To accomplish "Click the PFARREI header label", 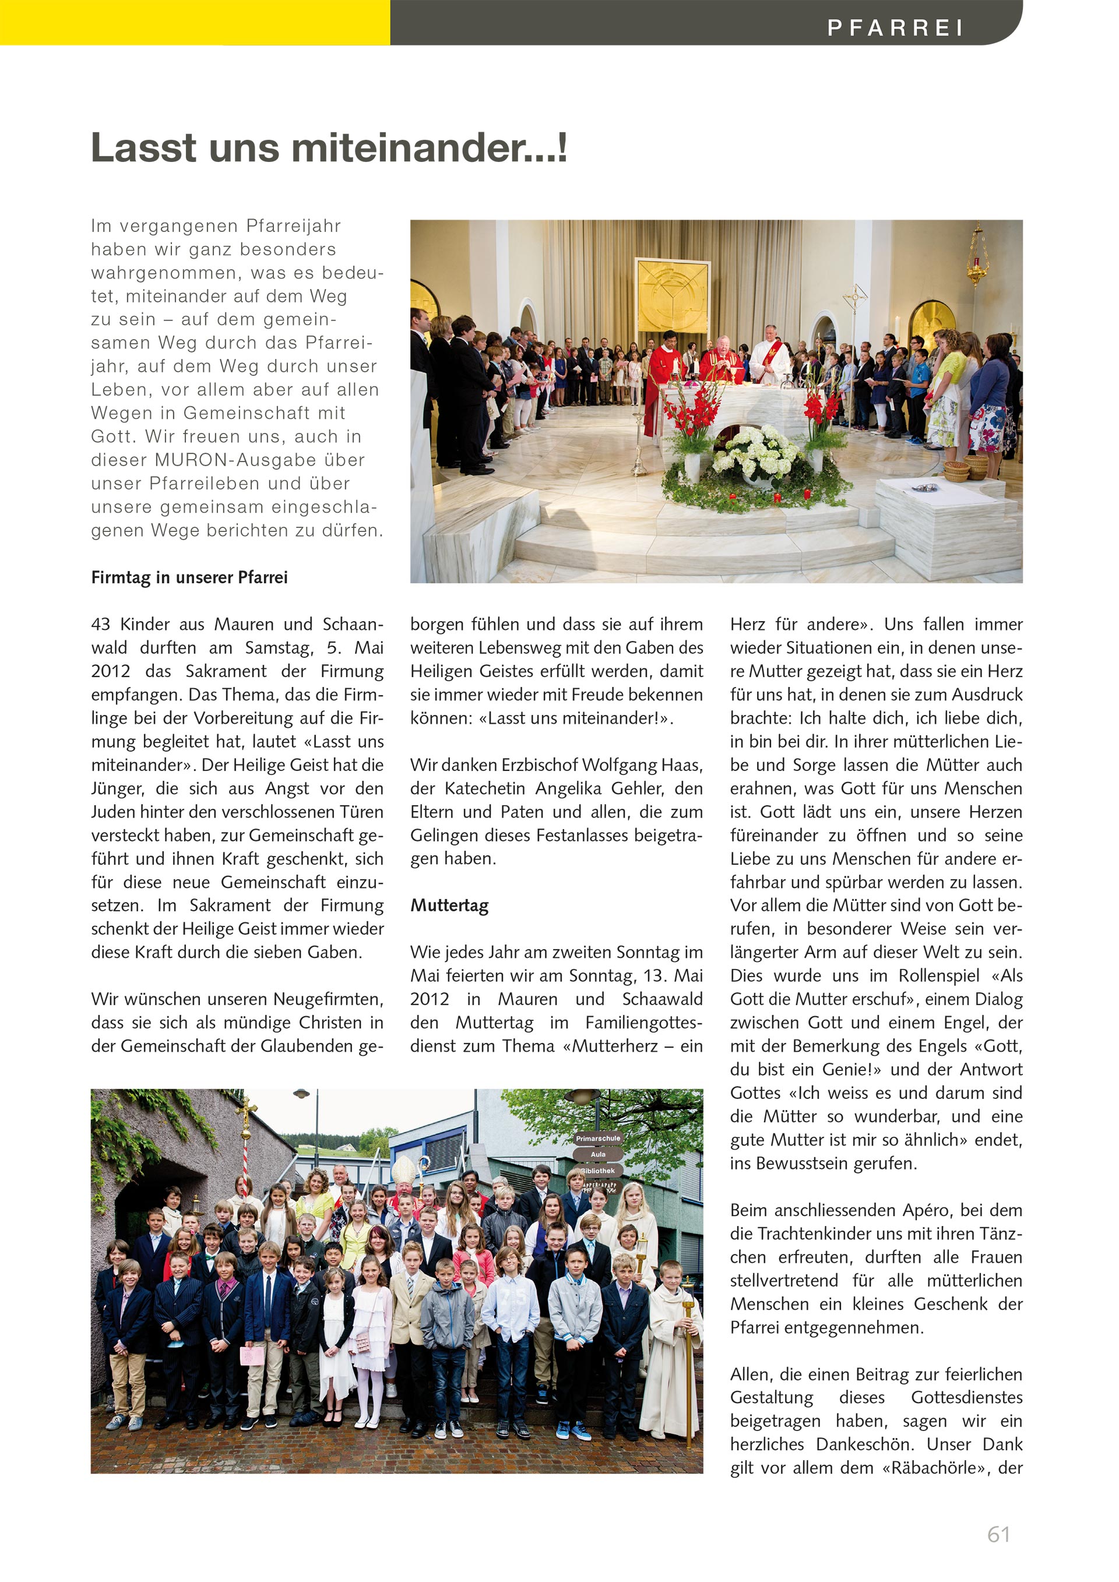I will (895, 27).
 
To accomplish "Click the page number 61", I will (998, 1534).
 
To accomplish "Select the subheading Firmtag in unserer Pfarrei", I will (189, 577).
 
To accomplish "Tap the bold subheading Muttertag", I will (449, 905).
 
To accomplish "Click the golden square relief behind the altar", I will (672, 295).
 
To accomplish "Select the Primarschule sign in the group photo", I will (598, 1138).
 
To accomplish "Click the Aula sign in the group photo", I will (598, 1154).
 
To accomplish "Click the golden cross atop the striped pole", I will (246, 1110).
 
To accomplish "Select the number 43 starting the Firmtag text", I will (101, 624).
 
